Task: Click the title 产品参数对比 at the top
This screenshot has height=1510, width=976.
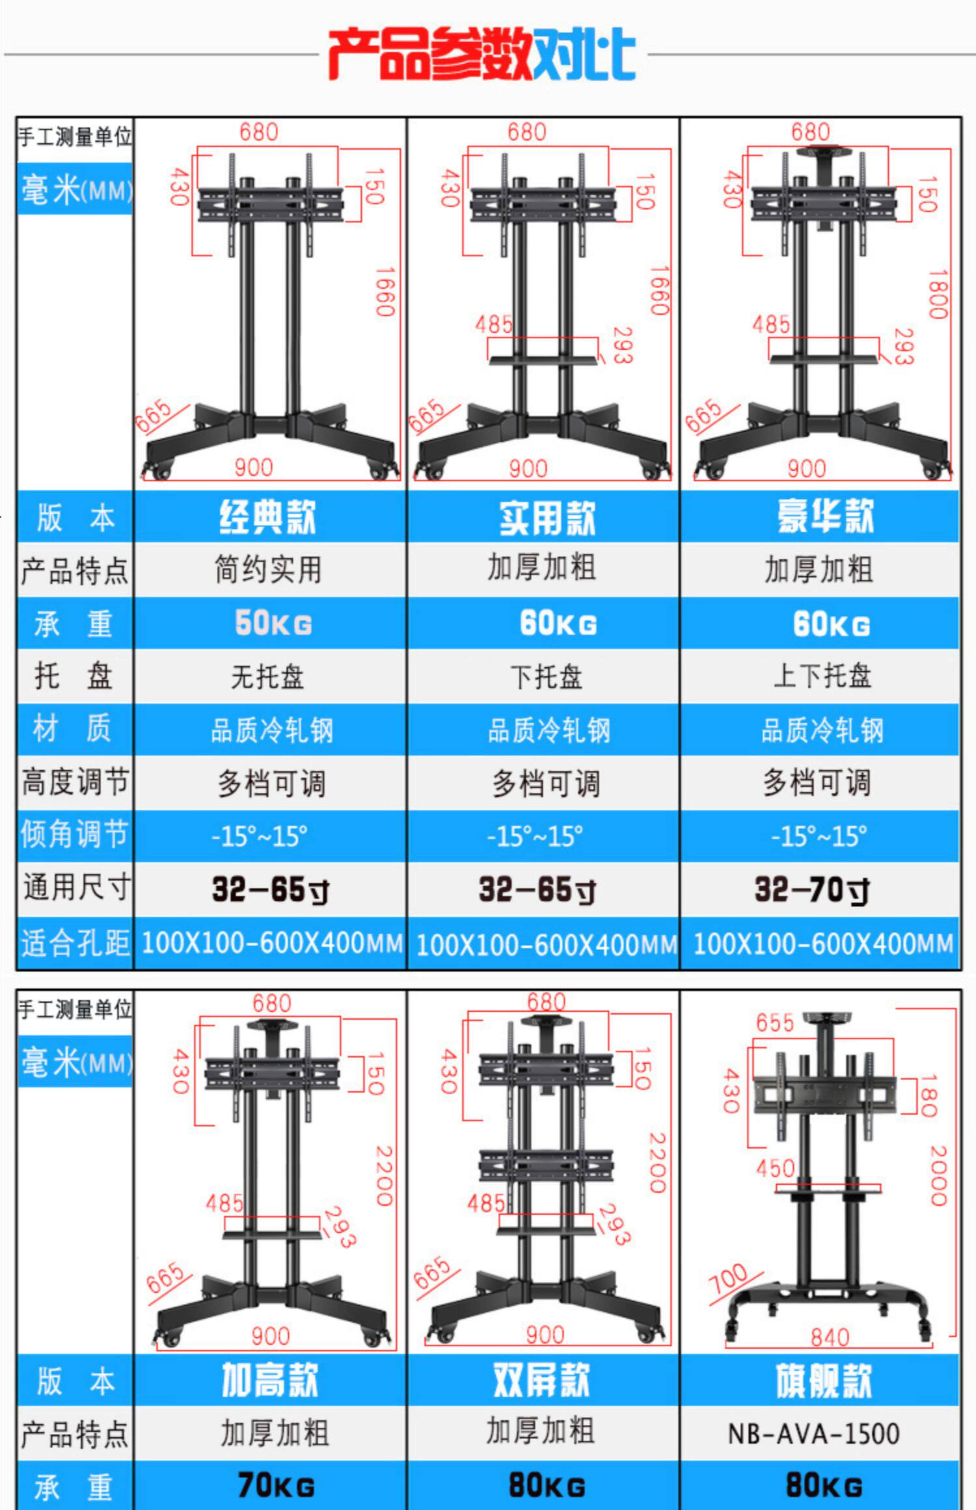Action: click(x=481, y=53)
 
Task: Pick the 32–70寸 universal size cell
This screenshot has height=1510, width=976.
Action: click(x=812, y=890)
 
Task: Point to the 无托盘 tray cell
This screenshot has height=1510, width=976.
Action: click(x=267, y=677)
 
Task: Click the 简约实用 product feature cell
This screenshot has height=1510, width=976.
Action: click(x=268, y=570)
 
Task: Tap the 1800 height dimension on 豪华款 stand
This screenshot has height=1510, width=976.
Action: click(x=938, y=294)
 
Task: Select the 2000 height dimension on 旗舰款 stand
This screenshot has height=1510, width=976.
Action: click(x=938, y=1175)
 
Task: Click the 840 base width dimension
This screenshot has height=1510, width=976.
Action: click(x=830, y=1337)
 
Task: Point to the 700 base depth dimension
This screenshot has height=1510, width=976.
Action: click(x=728, y=1278)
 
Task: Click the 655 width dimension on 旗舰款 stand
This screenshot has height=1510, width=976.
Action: click(x=774, y=1023)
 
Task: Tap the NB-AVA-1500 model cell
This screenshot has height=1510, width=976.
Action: click(x=813, y=1433)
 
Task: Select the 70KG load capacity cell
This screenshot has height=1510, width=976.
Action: click(x=276, y=1485)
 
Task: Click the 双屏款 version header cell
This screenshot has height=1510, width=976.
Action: click(x=541, y=1380)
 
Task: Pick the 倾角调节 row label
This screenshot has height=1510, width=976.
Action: click(x=74, y=835)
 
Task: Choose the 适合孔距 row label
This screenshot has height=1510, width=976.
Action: click(x=74, y=943)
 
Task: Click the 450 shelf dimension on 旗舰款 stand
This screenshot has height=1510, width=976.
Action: click(x=775, y=1169)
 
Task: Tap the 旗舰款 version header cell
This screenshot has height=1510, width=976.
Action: click(x=823, y=1380)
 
